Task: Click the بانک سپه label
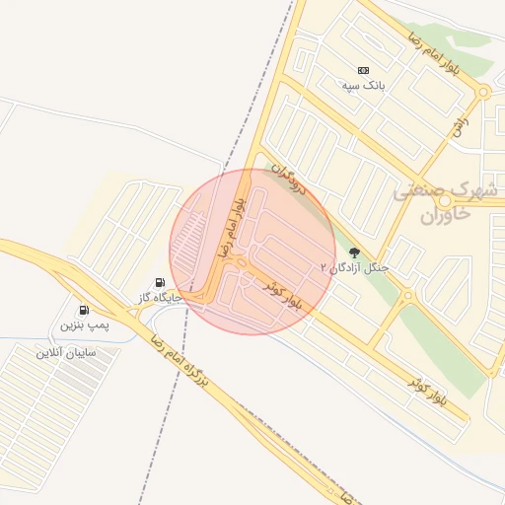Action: click(x=362, y=87)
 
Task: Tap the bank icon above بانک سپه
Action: click(x=363, y=70)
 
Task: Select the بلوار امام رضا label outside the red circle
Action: click(x=438, y=55)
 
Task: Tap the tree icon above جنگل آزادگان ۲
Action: click(x=354, y=252)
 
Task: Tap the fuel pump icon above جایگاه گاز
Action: click(x=161, y=282)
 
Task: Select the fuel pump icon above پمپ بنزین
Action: click(x=83, y=310)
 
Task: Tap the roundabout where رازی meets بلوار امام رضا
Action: click(x=483, y=93)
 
